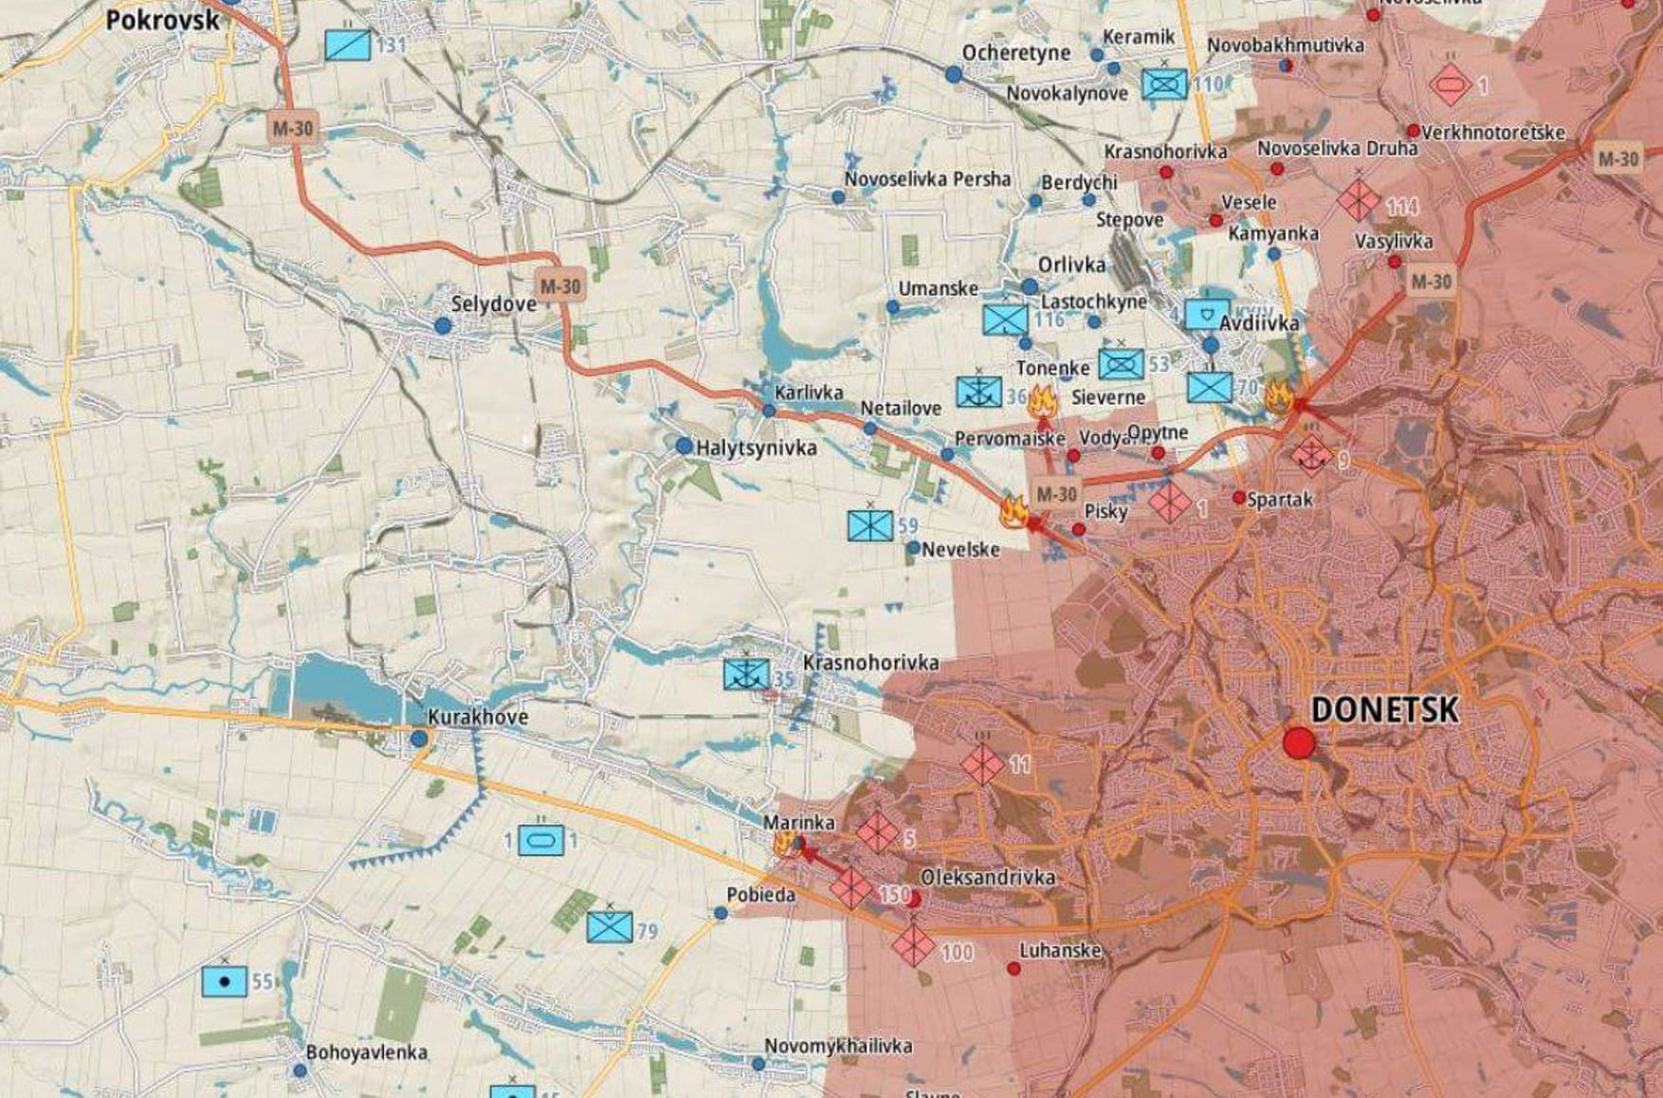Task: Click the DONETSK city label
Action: [1383, 709]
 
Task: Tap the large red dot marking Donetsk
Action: [1299, 742]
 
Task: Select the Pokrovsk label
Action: [162, 20]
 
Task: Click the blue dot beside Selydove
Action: [442, 325]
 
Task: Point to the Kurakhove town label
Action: [477, 717]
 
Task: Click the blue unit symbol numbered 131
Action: [348, 45]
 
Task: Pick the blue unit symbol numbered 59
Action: [870, 524]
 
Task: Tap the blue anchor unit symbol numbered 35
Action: [746, 674]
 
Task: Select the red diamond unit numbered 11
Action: [981, 763]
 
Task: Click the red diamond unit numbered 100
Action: [914, 944]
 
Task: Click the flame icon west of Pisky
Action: [1014, 511]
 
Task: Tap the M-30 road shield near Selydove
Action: [559, 285]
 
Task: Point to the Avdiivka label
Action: [1259, 323]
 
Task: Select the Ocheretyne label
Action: [1015, 53]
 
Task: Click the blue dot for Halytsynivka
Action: [684, 446]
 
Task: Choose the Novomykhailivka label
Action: [838, 1046]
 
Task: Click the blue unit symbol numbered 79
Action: [610, 926]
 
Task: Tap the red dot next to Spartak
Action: [1238, 498]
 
